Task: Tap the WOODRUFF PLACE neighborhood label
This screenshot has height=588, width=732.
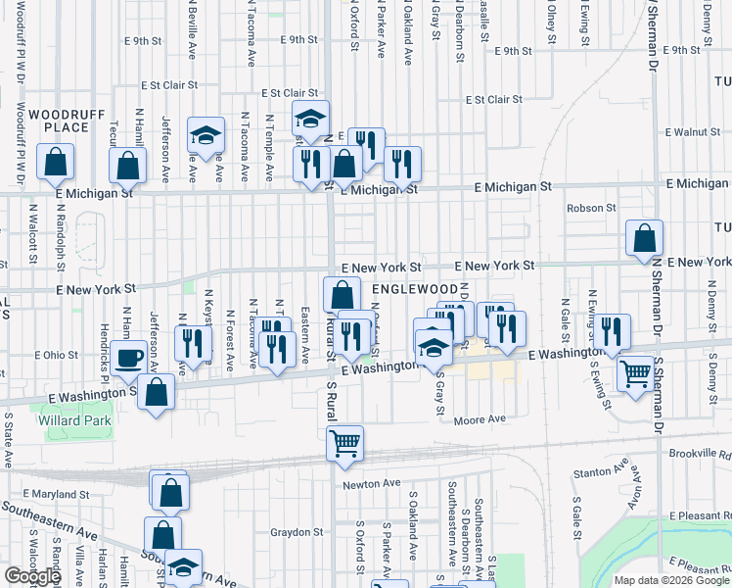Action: pos(67,121)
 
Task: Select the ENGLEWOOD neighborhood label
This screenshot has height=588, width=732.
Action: pos(415,290)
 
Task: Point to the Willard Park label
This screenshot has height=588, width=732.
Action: pos(74,420)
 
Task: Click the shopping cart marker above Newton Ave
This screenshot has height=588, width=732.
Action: pos(344,443)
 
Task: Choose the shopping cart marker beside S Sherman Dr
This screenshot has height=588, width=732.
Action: pos(636,372)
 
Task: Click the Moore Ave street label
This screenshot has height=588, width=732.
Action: pos(480,419)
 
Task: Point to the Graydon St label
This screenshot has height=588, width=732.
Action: pos(297,533)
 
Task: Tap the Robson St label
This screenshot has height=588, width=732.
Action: pos(591,208)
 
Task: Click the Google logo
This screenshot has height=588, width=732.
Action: pos(32,576)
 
